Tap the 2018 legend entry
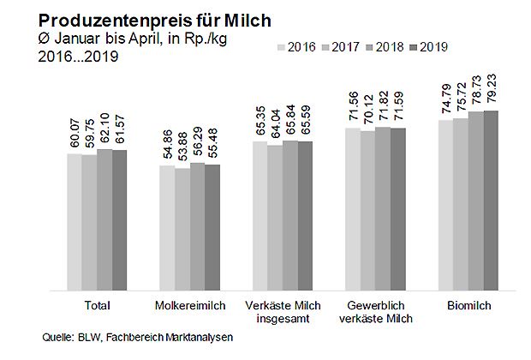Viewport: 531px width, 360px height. (386, 47)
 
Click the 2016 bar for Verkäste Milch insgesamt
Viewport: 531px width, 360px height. (260, 215)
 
